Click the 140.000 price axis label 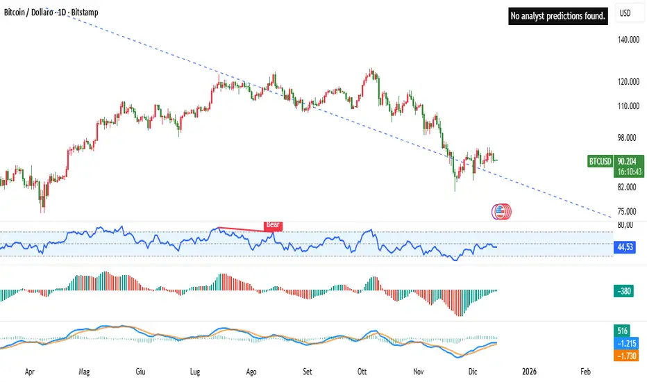[628, 40]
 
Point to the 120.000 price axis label [628, 82]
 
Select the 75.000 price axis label [629, 211]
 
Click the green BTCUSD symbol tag [600, 161]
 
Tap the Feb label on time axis [585, 372]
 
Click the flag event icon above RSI [501, 211]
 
